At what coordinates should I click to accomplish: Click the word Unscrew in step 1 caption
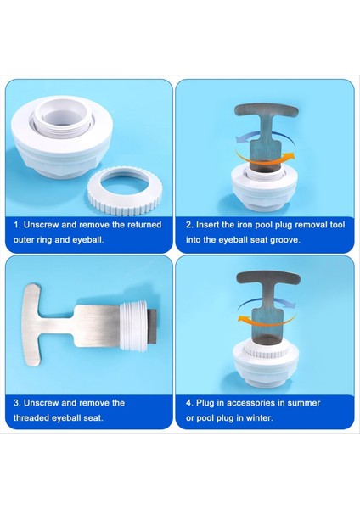pyautogui.click(x=42, y=225)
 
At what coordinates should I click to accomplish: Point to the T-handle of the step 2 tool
pyautogui.click(x=266, y=110)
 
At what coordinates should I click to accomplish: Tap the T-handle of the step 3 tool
pyautogui.click(x=32, y=325)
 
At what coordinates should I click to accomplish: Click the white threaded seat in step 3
pyautogui.click(x=134, y=327)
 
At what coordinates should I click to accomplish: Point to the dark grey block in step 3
pyautogui.click(x=153, y=327)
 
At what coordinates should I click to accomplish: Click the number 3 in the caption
pyautogui.click(x=16, y=403)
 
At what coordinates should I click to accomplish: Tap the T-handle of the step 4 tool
pyautogui.click(x=268, y=278)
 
